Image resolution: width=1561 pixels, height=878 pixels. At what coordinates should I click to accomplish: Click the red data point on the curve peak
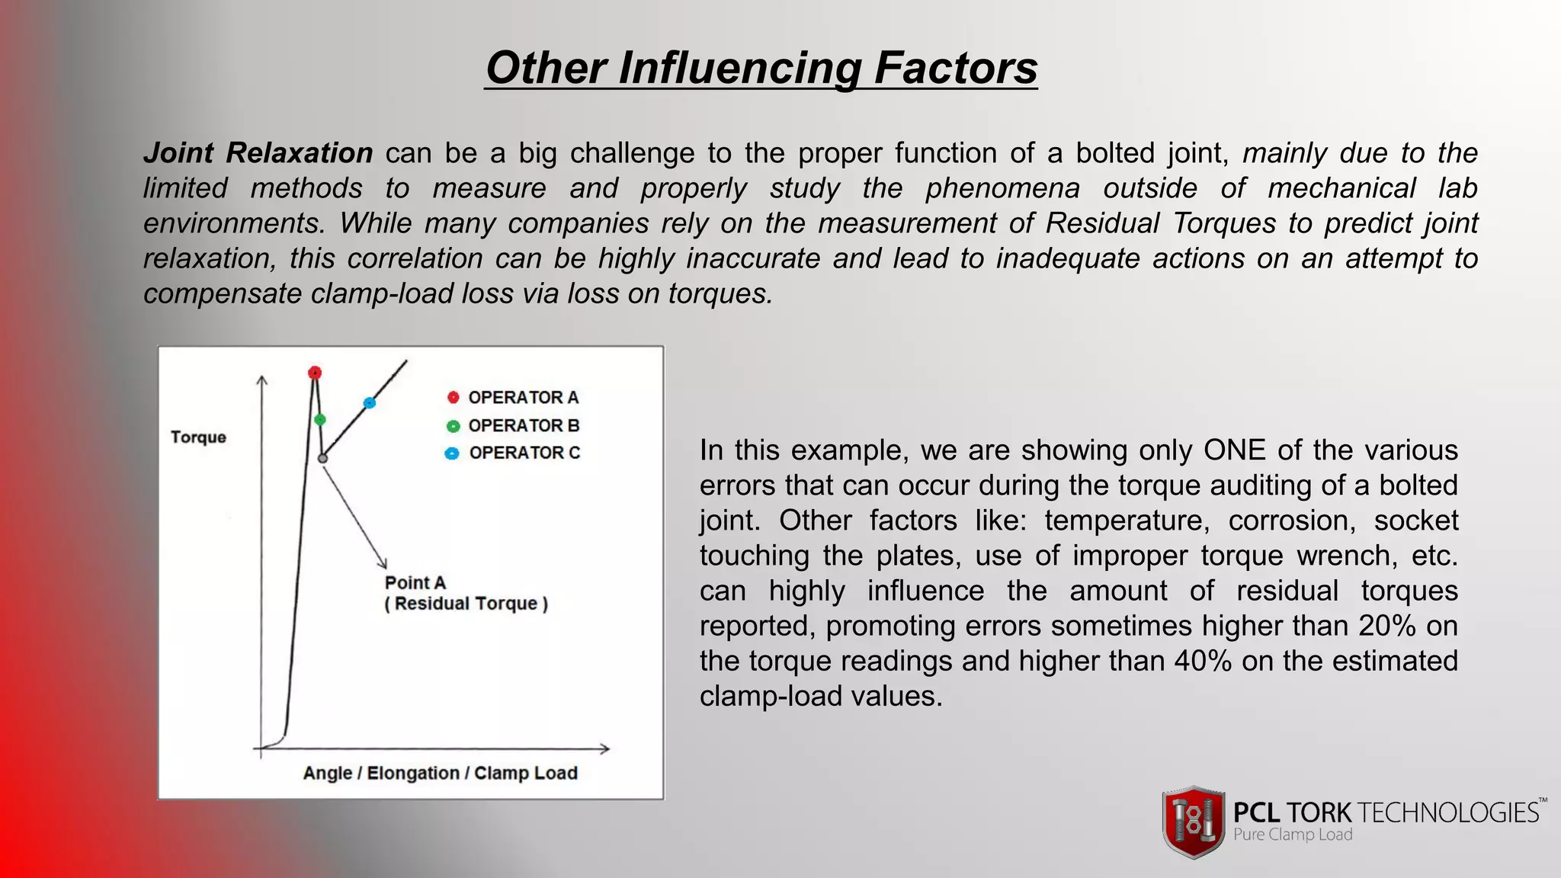click(x=315, y=373)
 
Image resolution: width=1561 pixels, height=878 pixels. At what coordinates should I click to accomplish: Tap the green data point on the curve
click(x=320, y=420)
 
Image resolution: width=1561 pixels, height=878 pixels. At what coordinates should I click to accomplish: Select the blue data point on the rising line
click(x=370, y=402)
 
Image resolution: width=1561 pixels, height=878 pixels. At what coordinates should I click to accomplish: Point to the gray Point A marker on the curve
click(x=322, y=458)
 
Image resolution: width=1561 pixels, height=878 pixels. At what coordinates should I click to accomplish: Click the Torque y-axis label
click(x=198, y=437)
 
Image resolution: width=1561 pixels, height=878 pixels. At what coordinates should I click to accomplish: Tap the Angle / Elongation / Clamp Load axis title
click(x=440, y=773)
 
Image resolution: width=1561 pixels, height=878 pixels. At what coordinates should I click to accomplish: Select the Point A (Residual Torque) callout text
click(x=466, y=593)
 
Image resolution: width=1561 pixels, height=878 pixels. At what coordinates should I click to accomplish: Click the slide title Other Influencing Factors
click(x=761, y=67)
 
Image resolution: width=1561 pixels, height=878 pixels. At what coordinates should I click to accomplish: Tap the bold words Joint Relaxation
click(x=258, y=153)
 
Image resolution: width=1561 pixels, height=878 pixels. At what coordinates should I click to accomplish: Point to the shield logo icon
click(x=1193, y=822)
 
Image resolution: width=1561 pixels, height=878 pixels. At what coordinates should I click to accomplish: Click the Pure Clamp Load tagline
click(x=1293, y=835)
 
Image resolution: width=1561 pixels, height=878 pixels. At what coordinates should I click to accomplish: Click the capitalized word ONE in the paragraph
click(x=1235, y=450)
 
